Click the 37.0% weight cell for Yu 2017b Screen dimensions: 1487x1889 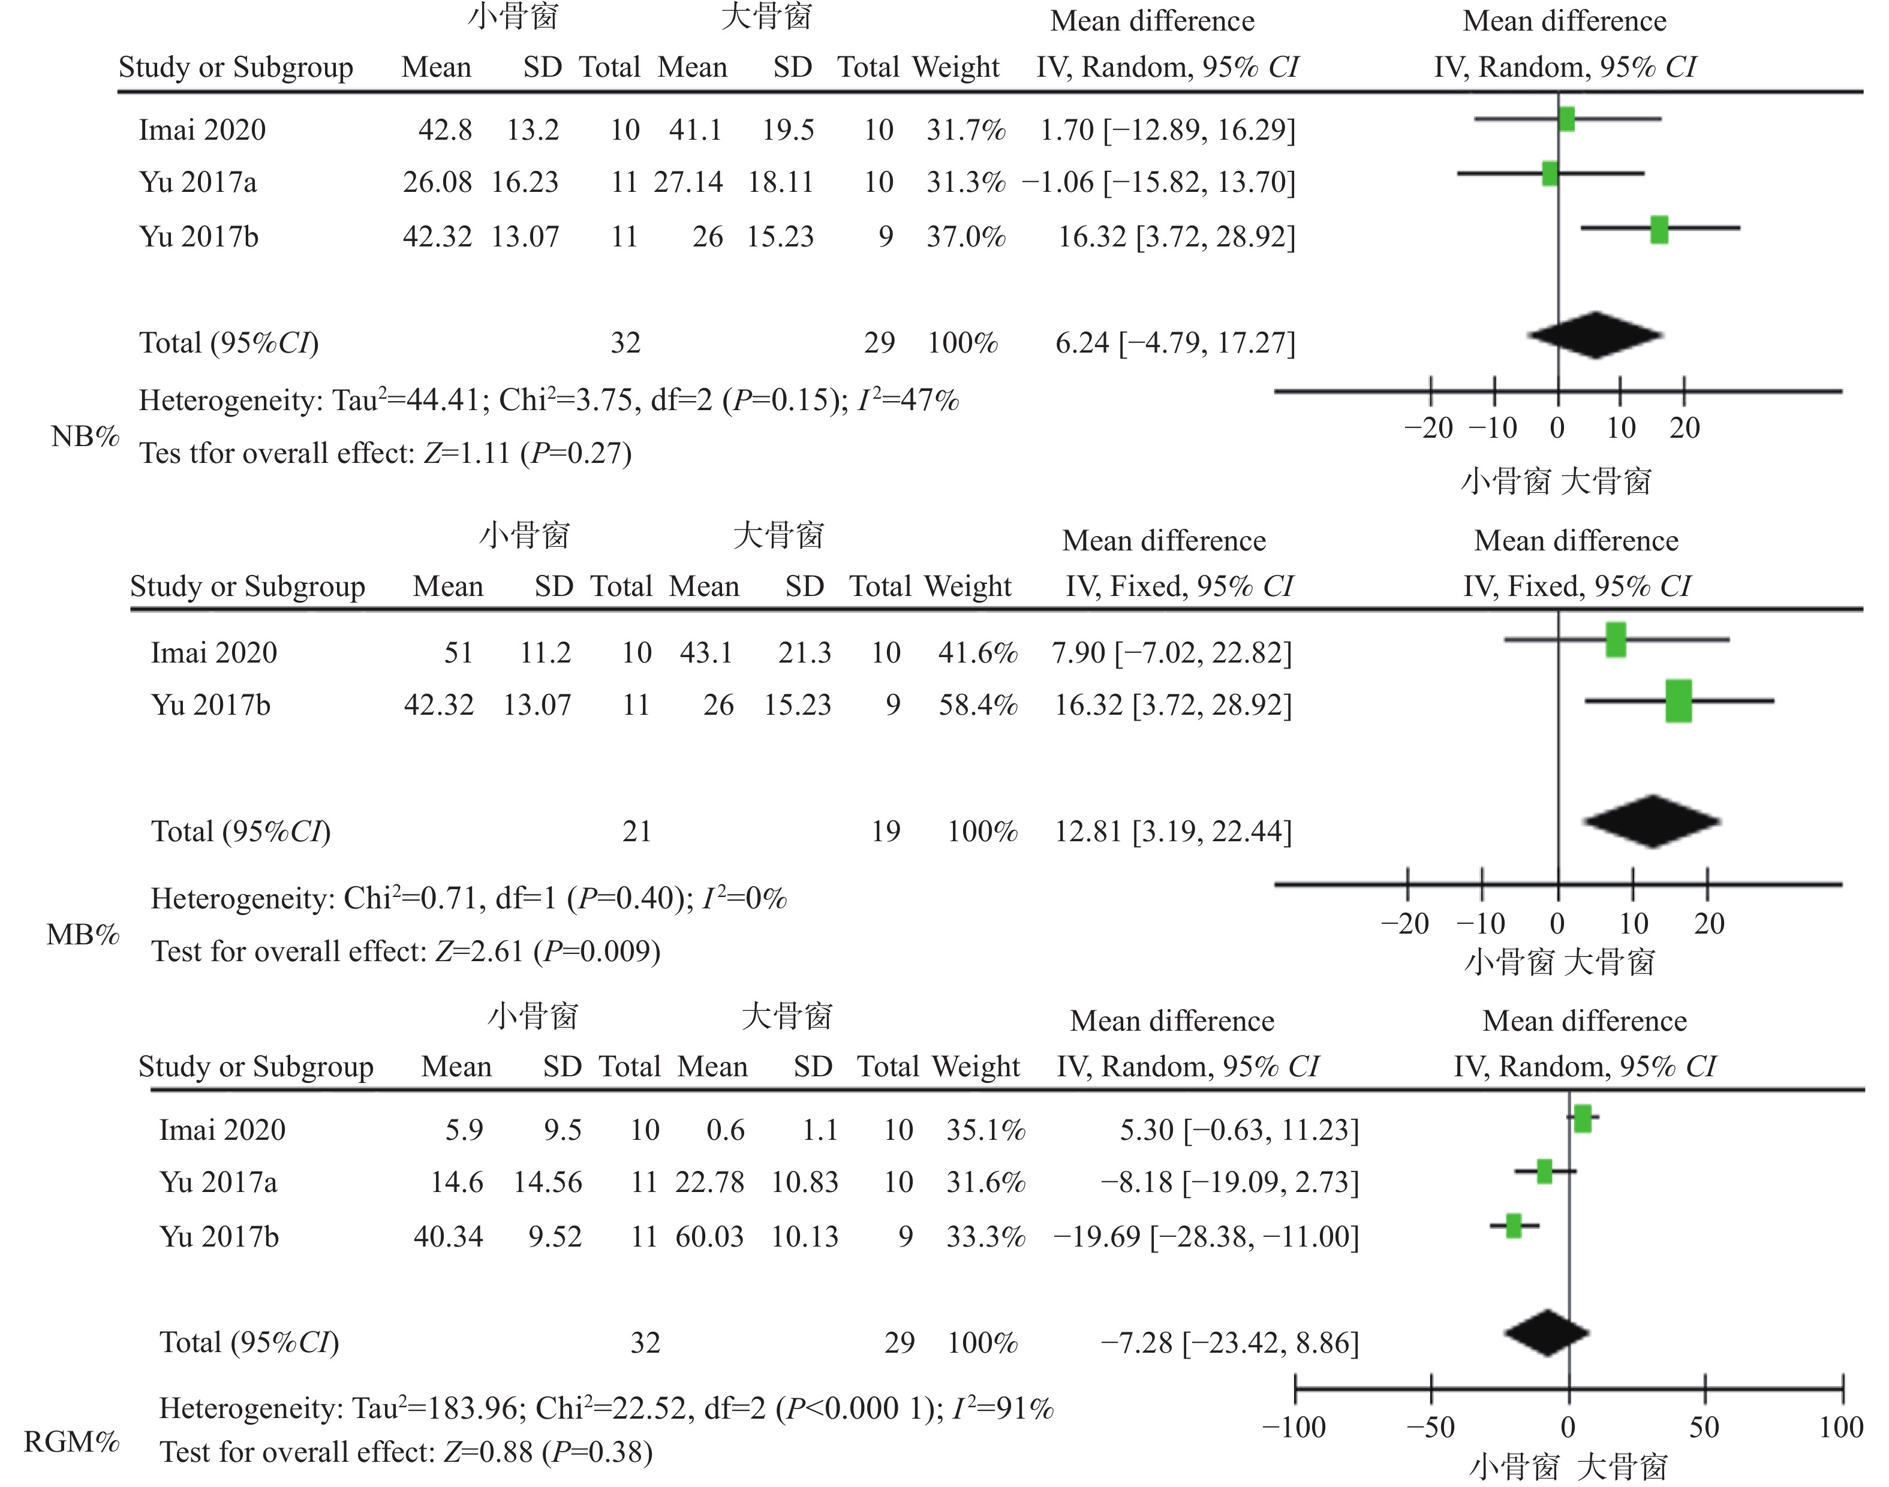coord(965,237)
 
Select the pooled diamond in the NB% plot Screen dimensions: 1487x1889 coord(1595,335)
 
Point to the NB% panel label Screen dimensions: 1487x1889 coord(85,436)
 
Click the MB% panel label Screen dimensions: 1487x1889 coord(83,935)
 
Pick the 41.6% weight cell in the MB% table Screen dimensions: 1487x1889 coord(977,653)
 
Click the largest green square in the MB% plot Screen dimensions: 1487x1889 coord(1679,702)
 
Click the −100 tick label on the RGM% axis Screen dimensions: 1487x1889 coord(1294,1428)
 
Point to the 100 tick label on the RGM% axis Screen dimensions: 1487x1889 coord(1841,1428)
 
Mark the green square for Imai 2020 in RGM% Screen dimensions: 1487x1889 coord(1583,1119)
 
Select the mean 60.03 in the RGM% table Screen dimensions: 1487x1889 coord(709,1237)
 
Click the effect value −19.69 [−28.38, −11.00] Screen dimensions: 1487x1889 coord(1205,1237)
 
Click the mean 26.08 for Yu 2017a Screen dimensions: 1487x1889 coord(437,183)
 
